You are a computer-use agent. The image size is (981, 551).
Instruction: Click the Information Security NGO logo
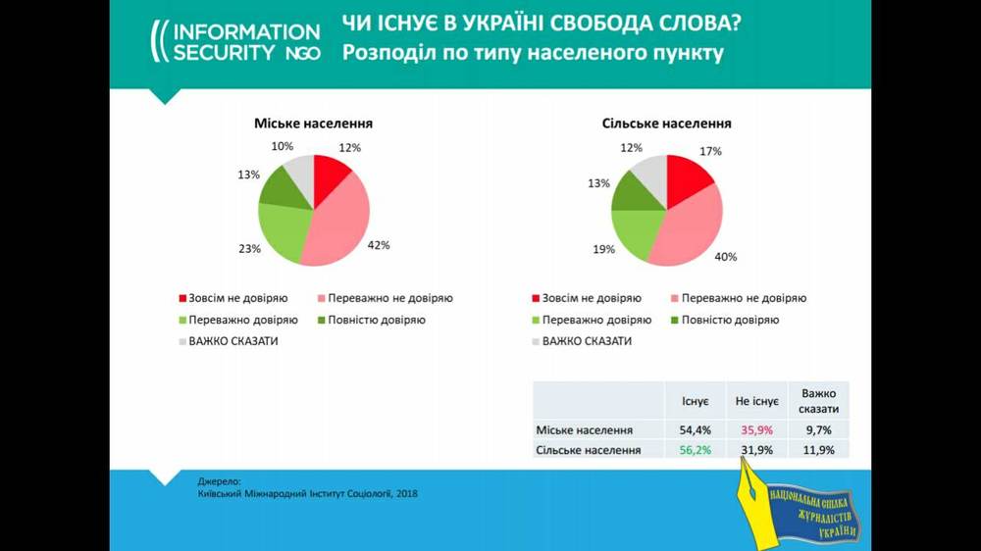[234, 42]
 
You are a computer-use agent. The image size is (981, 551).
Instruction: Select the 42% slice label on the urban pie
[379, 245]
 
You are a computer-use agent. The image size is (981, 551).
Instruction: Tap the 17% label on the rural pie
[710, 151]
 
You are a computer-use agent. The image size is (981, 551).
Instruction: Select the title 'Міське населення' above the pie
[314, 124]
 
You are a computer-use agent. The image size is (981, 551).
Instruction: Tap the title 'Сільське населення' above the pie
[666, 124]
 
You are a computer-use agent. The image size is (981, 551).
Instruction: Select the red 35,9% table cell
[755, 430]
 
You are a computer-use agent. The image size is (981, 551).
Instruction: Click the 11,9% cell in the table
[817, 450]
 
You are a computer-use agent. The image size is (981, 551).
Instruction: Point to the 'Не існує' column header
[755, 401]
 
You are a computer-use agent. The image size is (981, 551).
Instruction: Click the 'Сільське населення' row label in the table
[589, 450]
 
